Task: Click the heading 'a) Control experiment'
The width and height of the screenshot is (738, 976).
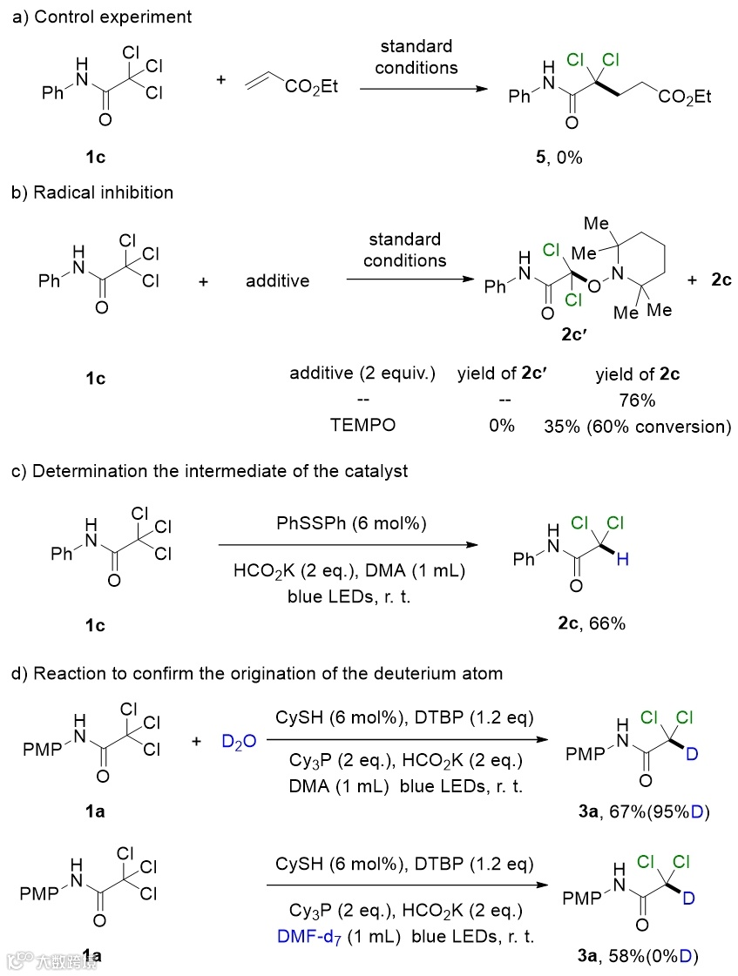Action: click(102, 17)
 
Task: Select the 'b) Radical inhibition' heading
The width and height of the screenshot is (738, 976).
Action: click(91, 192)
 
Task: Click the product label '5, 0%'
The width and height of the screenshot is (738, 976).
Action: click(558, 158)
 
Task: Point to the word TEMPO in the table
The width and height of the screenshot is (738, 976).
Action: click(364, 426)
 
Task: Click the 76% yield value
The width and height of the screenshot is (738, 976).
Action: click(637, 400)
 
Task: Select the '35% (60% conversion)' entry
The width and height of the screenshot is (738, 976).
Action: click(637, 426)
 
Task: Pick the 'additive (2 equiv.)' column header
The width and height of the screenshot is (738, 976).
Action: click(364, 375)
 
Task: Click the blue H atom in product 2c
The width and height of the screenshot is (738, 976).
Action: click(621, 562)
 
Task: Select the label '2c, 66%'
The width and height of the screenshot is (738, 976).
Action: click(596, 623)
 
